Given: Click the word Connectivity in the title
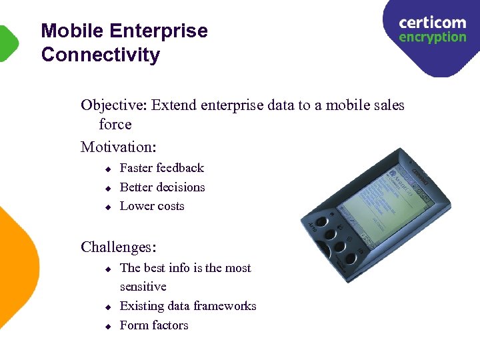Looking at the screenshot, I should [100, 55].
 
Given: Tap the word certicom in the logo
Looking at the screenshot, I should [432, 23].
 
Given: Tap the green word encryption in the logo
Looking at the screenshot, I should [432, 37].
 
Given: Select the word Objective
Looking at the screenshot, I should [113, 105].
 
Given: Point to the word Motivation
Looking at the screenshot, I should [121, 146].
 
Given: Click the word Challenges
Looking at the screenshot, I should [118, 247].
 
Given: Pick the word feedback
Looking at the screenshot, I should [180, 168].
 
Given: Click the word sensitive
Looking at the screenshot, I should [143, 287].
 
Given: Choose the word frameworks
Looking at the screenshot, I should [222, 306].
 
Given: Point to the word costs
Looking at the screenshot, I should [171, 206].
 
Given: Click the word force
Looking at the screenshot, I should [115, 125].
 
